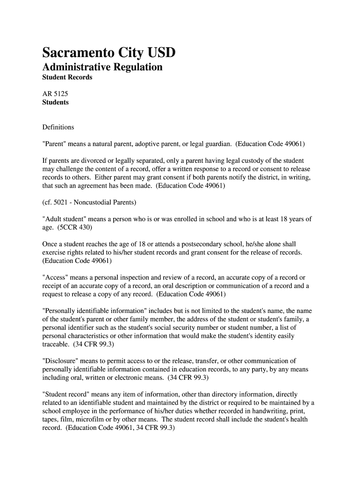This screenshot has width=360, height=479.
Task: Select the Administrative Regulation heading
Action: pos(102,67)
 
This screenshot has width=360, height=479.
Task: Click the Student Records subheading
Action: pos(67,77)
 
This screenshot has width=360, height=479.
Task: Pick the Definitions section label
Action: pos(58,127)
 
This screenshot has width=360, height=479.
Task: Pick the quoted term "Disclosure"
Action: pos(61,361)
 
